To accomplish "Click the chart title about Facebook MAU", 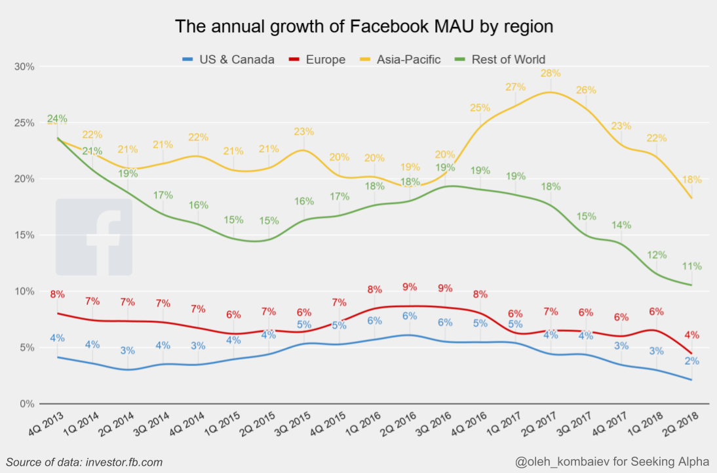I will coord(364,27).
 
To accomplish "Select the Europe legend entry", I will coord(325,60).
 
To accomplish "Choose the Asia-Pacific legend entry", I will coord(408,60).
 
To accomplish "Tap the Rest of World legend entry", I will coord(508,60).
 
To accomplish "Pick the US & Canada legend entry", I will coord(237,60).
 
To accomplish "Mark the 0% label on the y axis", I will coord(27,403).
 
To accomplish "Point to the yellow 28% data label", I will coord(551,73).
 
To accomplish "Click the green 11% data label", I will coord(691,266).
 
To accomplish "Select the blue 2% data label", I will coord(692,361).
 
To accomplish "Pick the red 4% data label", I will coord(692,335).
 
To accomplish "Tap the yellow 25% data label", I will coord(480,108).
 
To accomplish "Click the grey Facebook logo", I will coord(94,237).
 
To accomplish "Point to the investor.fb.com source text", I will coord(85,463).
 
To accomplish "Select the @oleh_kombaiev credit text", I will coord(612,463).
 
